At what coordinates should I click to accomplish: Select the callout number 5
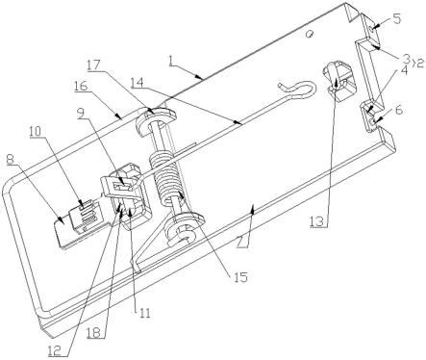[396, 18]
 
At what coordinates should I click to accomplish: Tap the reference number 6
[398, 111]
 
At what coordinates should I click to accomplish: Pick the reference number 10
[36, 131]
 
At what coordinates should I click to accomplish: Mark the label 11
[143, 313]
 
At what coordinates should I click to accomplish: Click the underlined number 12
[55, 350]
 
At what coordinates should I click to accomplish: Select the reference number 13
[317, 222]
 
